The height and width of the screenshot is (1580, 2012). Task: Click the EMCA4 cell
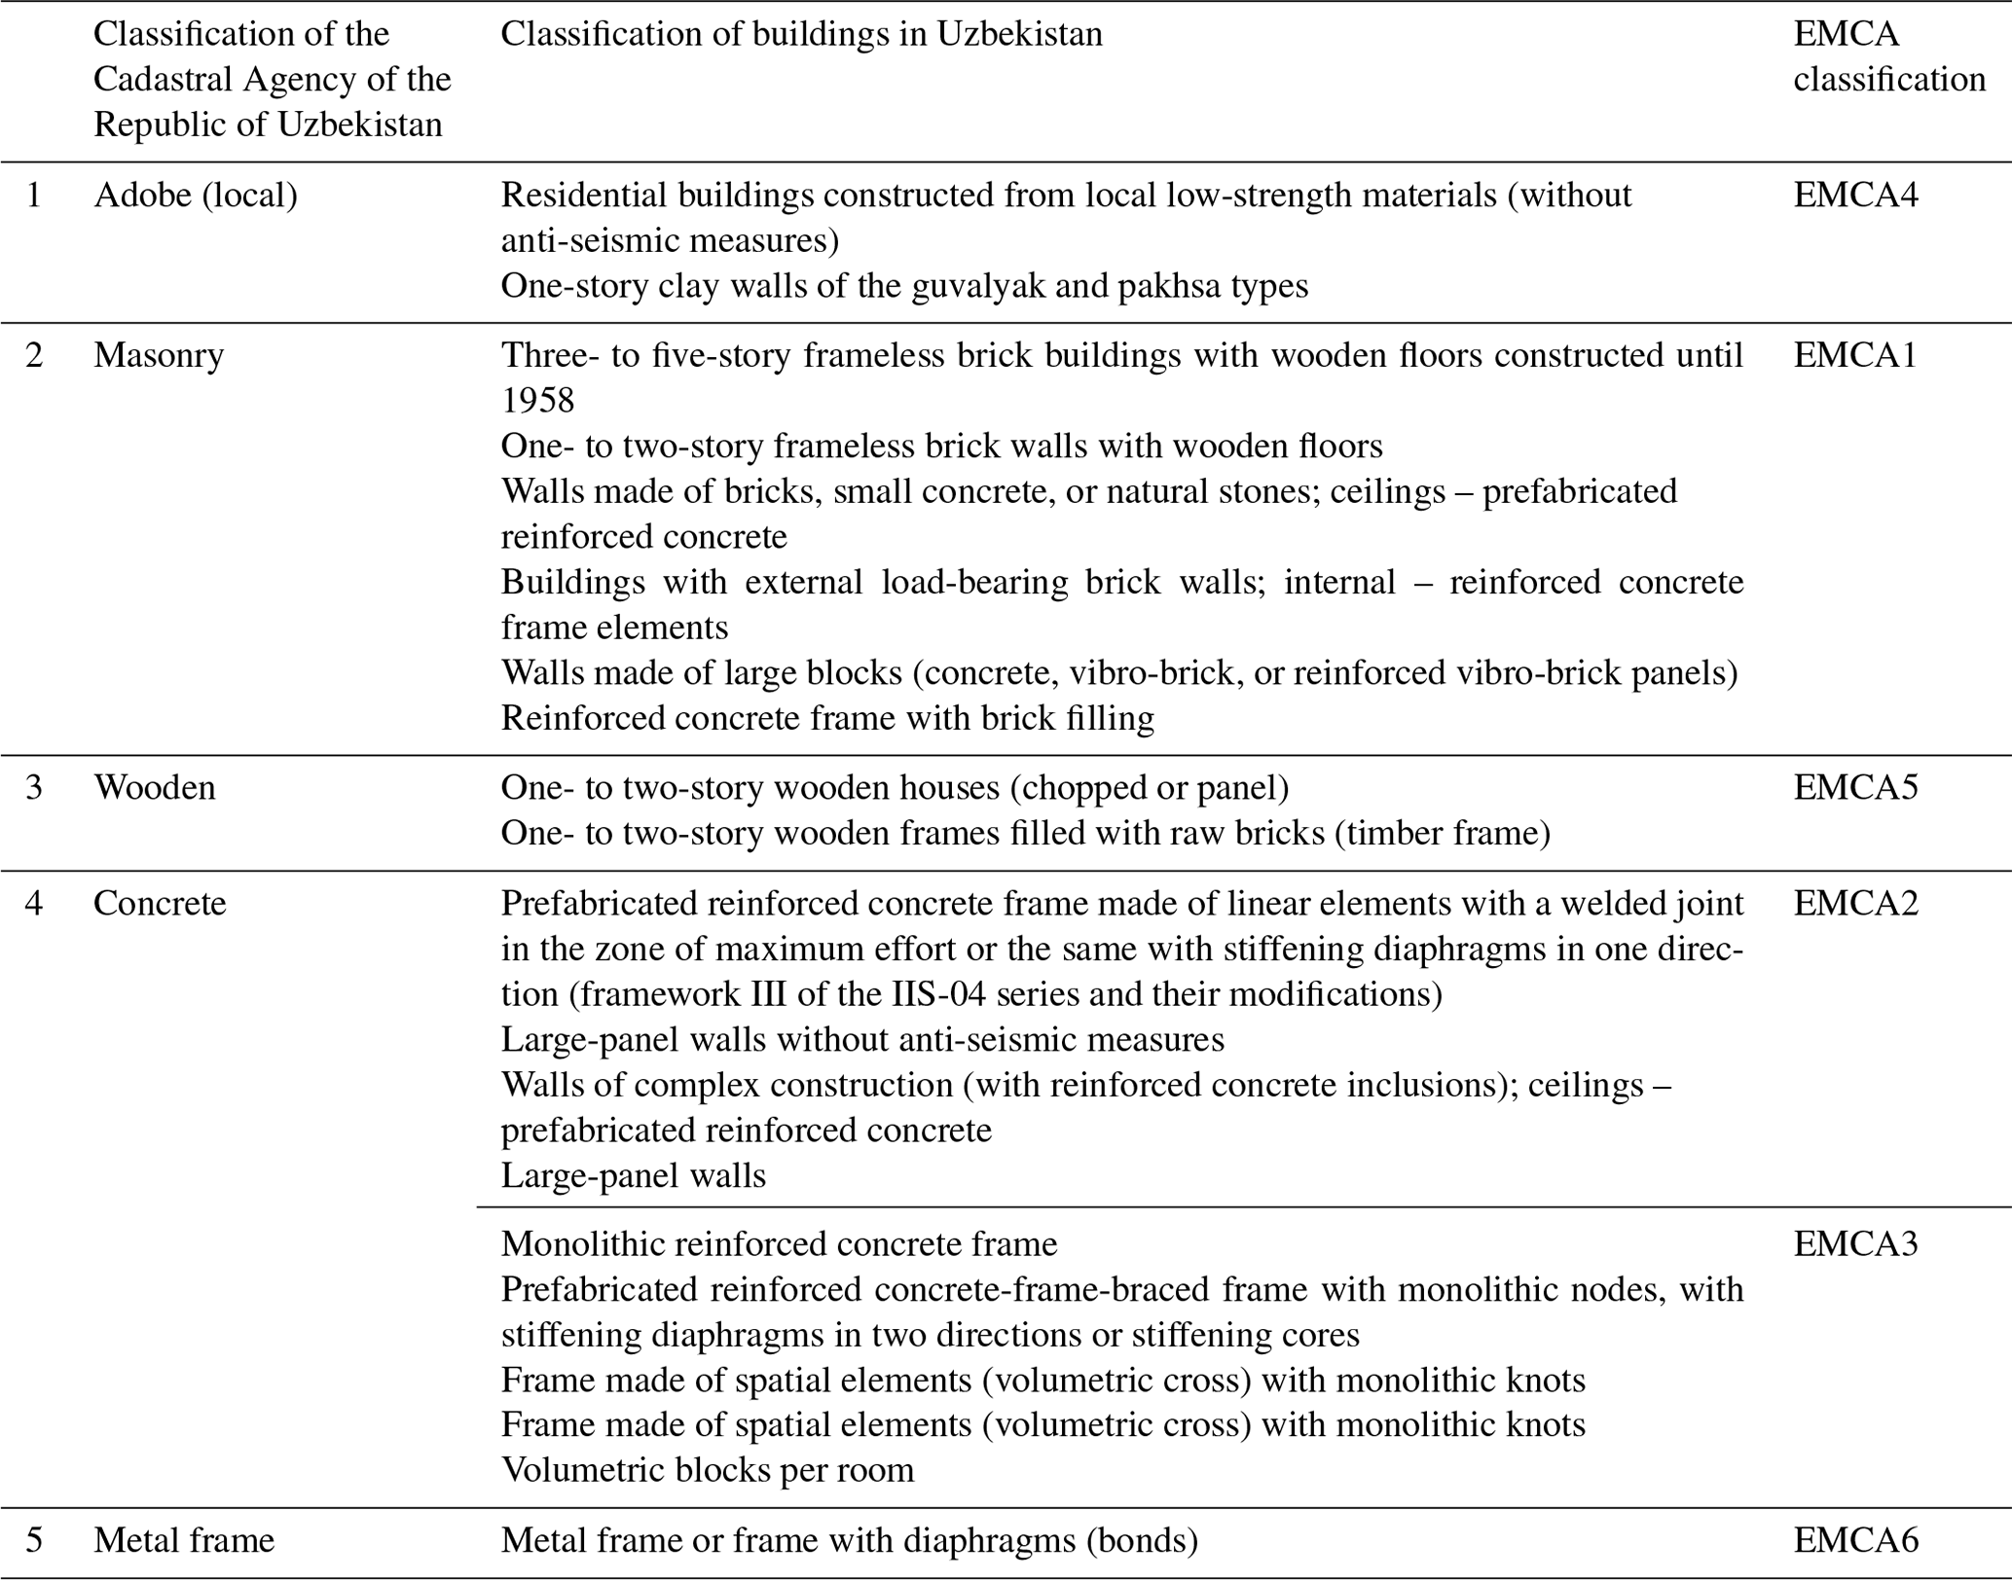[x=1855, y=196]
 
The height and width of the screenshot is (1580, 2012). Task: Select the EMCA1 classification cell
[x=1855, y=355]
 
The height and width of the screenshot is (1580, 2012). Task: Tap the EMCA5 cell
[x=1855, y=787]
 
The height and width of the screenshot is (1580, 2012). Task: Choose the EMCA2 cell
[x=1855, y=903]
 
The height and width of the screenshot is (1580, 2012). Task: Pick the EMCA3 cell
[x=1855, y=1243]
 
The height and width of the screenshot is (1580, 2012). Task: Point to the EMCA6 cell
[x=1855, y=1540]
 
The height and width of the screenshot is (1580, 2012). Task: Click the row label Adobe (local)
[x=196, y=196]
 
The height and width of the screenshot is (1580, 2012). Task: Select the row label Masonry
[x=159, y=355]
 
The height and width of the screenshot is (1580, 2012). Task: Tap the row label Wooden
[x=155, y=787]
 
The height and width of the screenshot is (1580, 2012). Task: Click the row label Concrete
[x=160, y=903]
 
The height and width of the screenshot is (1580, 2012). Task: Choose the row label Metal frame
[x=184, y=1540]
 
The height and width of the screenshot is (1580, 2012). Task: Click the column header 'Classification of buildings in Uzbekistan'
[x=801, y=34]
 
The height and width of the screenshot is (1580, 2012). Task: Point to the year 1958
[x=537, y=400]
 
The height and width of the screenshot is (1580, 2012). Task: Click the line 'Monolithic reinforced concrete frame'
[x=779, y=1243]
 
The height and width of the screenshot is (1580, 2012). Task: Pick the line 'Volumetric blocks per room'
[x=708, y=1469]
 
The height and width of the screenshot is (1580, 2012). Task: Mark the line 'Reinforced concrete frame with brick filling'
[x=827, y=718]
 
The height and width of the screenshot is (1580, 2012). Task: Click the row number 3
[x=34, y=787]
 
